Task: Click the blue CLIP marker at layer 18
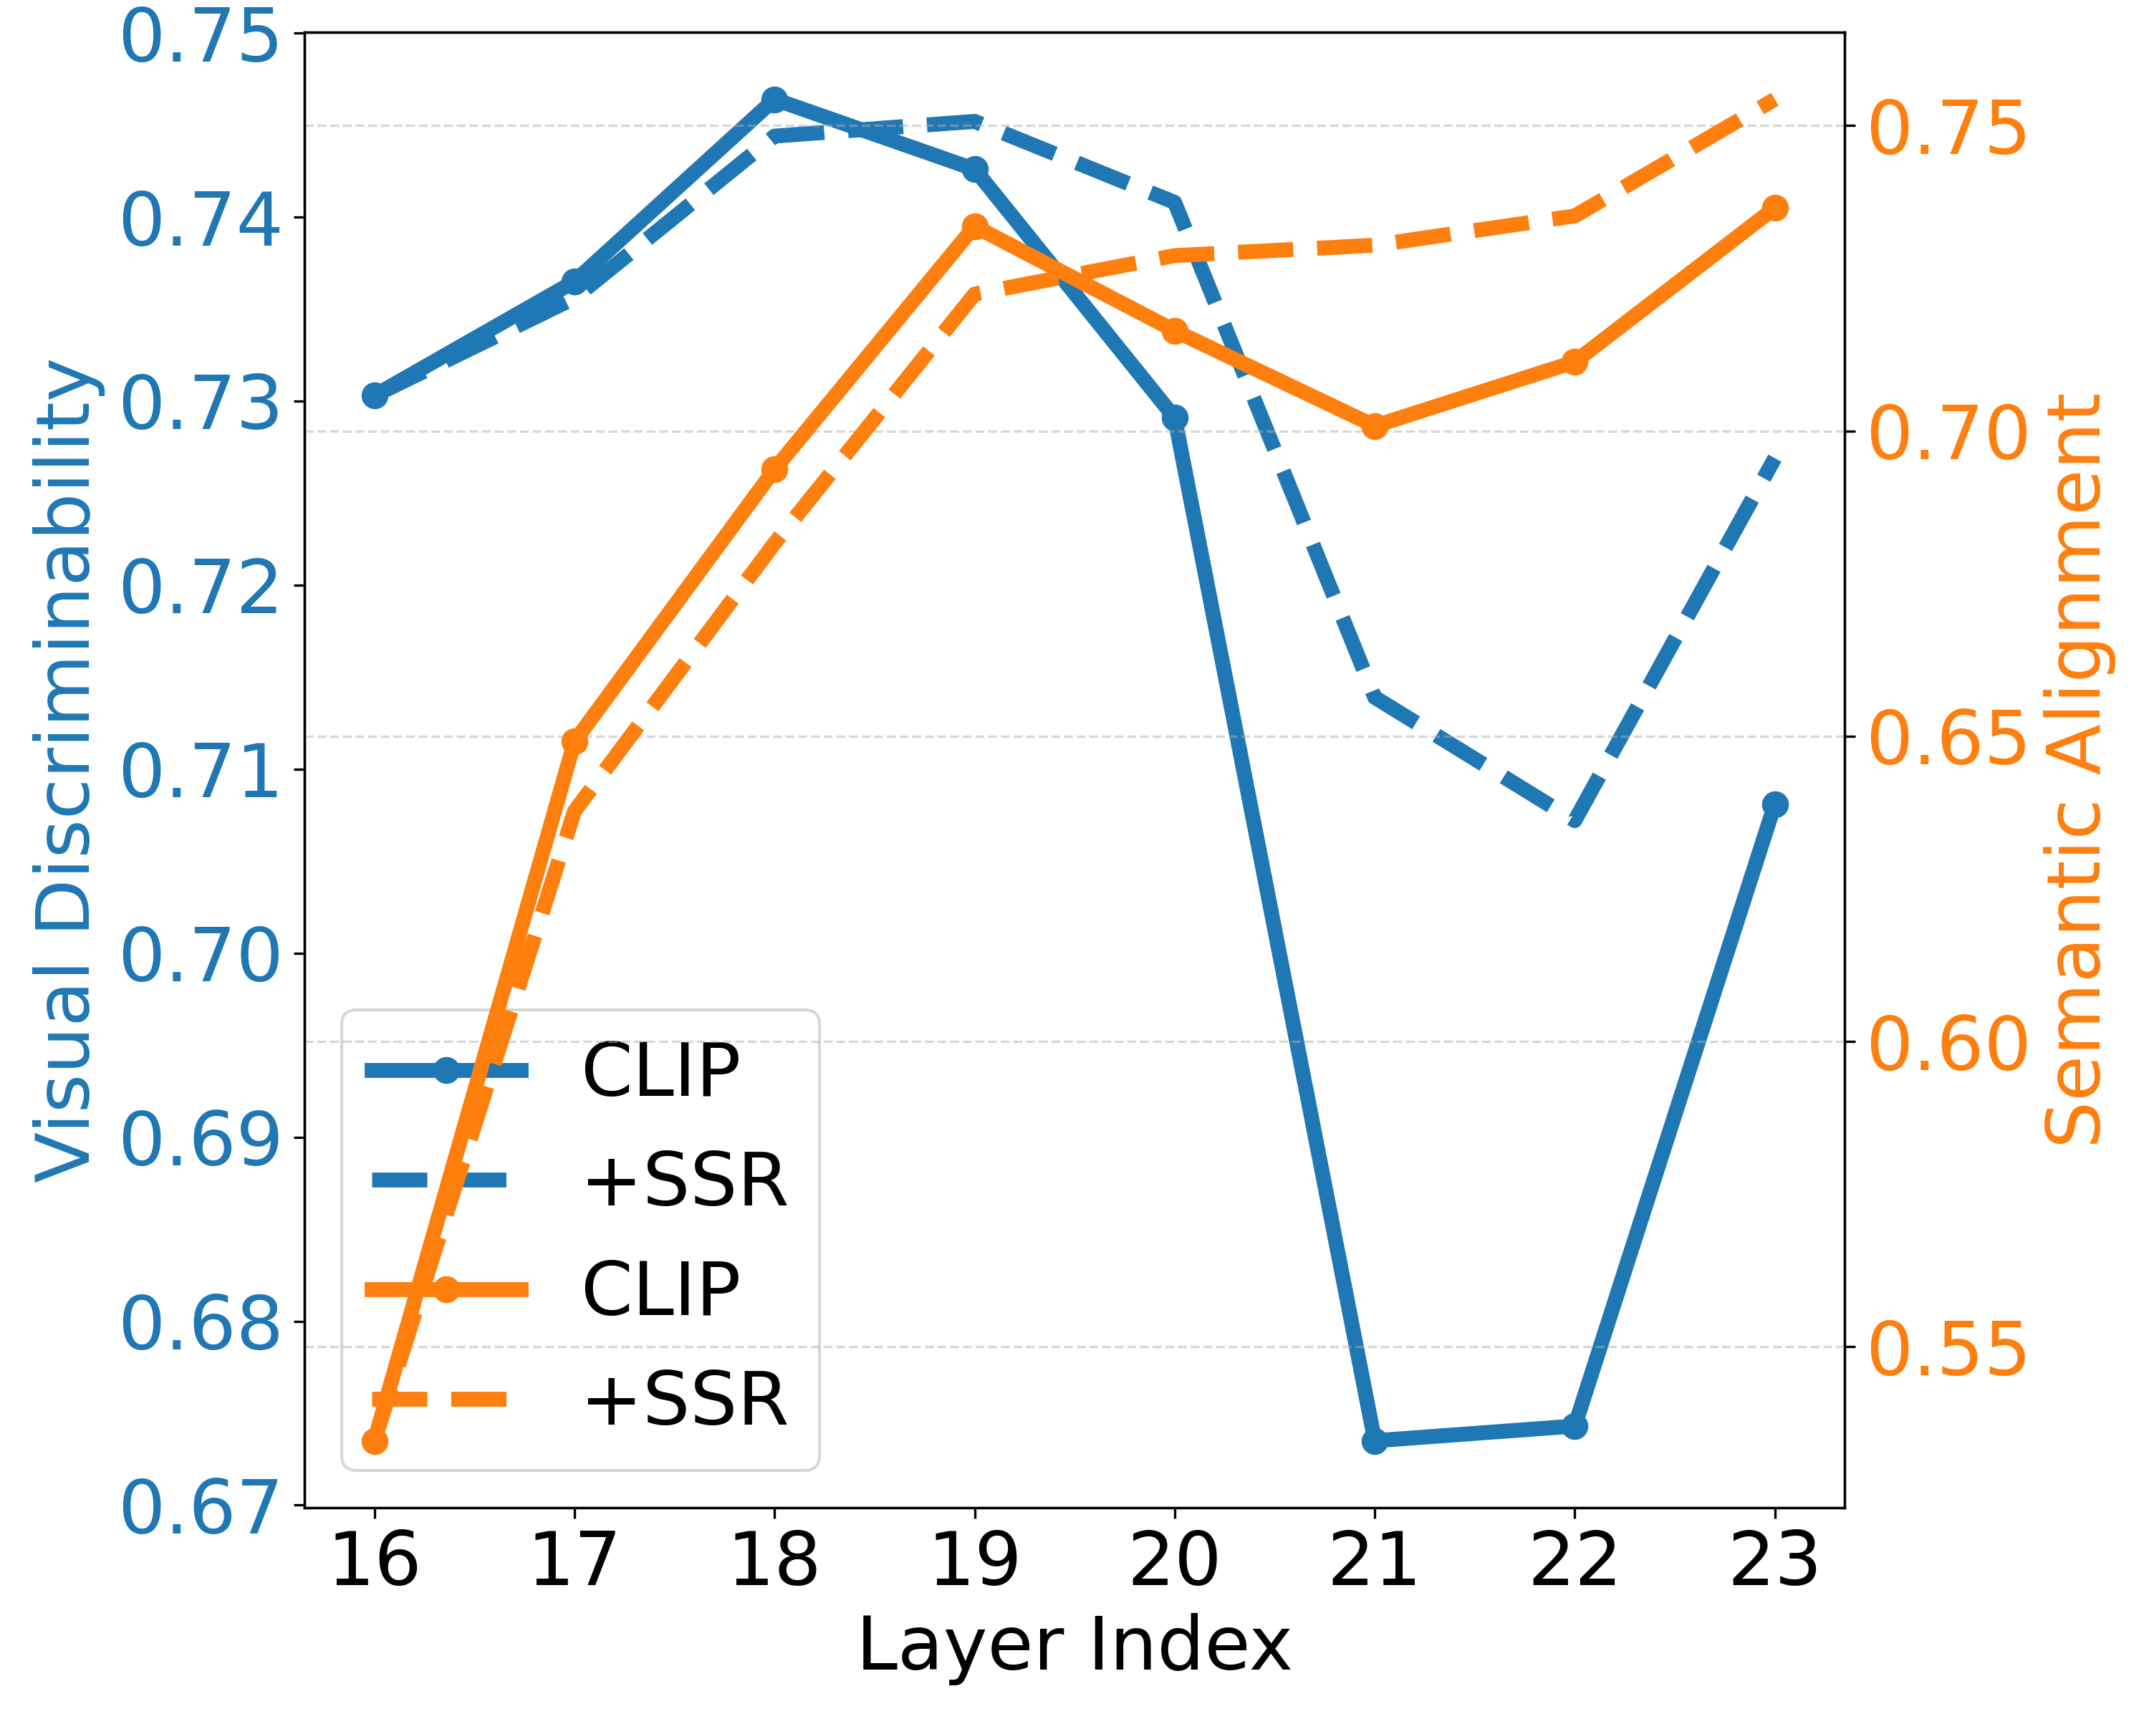pos(774,99)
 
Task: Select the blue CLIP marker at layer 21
pos(1375,1441)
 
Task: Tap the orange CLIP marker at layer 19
pos(975,227)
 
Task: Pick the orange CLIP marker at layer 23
pos(1774,207)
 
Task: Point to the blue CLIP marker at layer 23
pos(1774,804)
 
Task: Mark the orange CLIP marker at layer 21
pos(1375,426)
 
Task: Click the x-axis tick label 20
pos(1174,1561)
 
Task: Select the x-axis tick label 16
pos(375,1561)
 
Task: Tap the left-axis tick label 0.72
pos(199,587)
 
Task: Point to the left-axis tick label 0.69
pos(199,1139)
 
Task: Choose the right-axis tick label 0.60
pos(1948,1044)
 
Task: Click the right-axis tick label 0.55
pos(1948,1349)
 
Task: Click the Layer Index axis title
pos(1074,1646)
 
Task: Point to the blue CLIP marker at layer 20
pos(1174,418)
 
